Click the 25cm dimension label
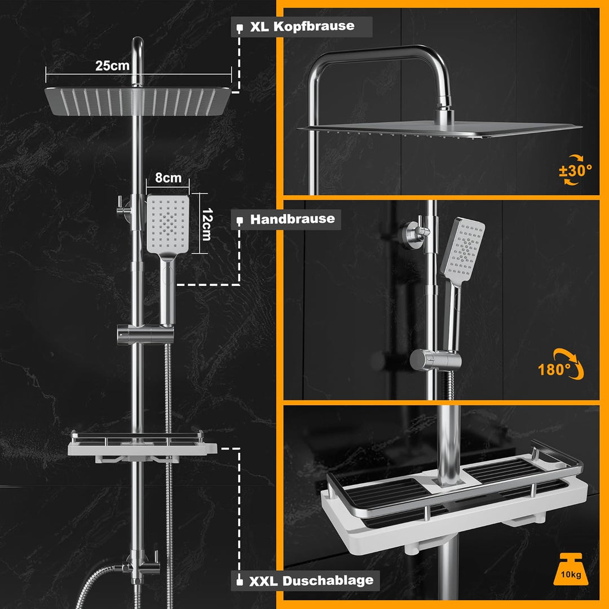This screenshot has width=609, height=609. (x=112, y=65)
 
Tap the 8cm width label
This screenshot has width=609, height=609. (x=168, y=178)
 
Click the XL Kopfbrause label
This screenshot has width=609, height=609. (x=302, y=27)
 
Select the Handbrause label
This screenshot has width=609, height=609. (x=293, y=219)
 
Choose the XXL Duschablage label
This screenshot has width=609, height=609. (x=311, y=581)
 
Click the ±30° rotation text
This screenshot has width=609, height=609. (x=576, y=170)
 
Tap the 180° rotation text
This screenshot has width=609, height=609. (x=554, y=369)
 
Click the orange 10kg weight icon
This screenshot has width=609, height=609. (x=571, y=569)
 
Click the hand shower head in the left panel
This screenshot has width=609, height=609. (x=168, y=225)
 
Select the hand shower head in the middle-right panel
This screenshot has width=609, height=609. (x=462, y=249)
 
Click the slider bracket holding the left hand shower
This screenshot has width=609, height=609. (x=145, y=334)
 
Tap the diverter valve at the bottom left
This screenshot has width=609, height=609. (x=140, y=567)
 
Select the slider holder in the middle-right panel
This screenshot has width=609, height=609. (x=435, y=360)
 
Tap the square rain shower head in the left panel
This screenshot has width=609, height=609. (x=138, y=101)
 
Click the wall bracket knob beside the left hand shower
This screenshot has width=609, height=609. (x=124, y=210)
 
